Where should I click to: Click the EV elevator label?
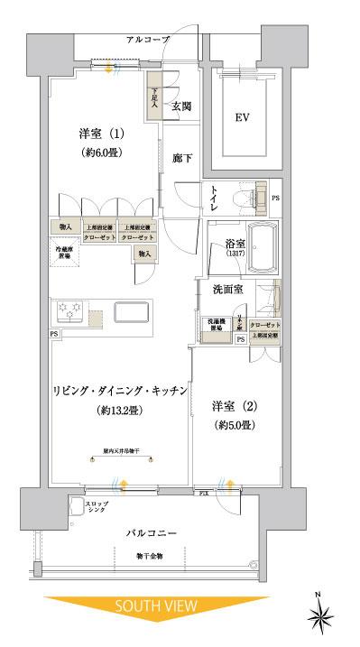coord(242,117)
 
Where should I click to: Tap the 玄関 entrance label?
coord(181,106)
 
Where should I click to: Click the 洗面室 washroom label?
coord(227,290)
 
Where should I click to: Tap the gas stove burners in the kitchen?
coord(70,312)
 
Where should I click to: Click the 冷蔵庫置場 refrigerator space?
coord(63,252)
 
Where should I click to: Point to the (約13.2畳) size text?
coord(118,411)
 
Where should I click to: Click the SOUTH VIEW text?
coord(152,610)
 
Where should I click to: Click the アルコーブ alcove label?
coord(146,40)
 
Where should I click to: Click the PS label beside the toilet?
coord(275,198)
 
